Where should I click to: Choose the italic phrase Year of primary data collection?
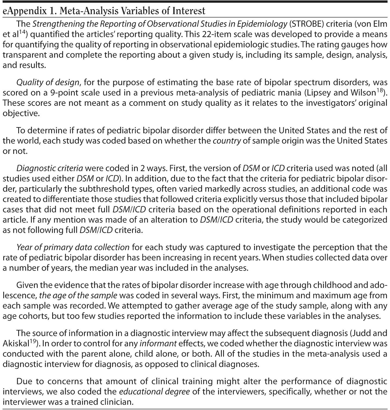click(73, 248)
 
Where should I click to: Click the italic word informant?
click(158, 344)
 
